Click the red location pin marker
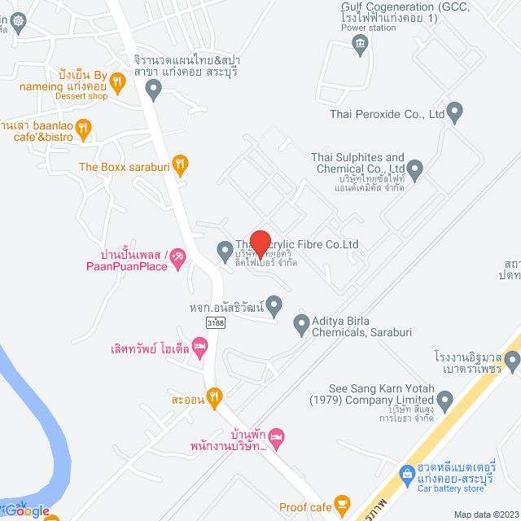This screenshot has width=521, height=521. [259, 243]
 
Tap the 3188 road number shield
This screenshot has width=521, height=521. [216, 322]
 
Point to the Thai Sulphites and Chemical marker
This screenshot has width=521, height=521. [416, 170]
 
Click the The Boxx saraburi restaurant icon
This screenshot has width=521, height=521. [182, 164]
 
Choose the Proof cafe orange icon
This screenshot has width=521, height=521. [342, 503]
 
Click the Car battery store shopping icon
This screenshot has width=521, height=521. [407, 473]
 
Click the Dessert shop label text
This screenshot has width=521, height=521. [81, 96]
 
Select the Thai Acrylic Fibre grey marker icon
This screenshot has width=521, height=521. [225, 250]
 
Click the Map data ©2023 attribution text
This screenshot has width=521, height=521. [486, 514]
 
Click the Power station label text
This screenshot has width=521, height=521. [368, 28]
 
